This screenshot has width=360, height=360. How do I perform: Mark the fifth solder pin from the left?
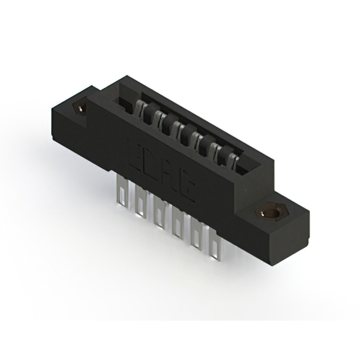coord(195,236)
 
